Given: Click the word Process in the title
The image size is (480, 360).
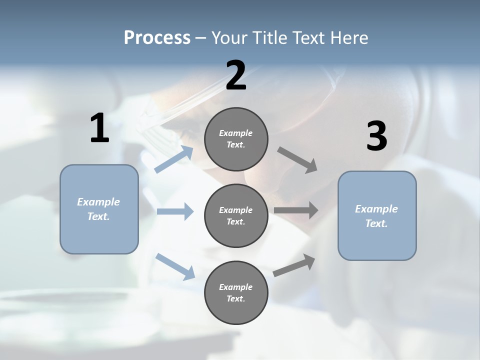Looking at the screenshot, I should pos(157,37).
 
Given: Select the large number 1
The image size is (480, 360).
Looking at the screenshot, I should pos(99,128).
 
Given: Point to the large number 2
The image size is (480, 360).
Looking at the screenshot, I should pos(236,75).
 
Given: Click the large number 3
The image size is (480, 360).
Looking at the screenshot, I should pos(376,136).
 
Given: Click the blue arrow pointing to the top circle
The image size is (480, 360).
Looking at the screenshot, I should pos(174,159).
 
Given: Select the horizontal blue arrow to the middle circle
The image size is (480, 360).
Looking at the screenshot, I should pos(175,211).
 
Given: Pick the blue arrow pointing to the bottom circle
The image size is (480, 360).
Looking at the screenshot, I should pos(175,266).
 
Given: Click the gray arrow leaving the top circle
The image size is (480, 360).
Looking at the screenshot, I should pos(297,159).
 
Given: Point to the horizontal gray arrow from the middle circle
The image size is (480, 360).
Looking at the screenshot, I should pos(295,210).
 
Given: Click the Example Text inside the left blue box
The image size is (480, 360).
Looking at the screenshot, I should pos(98,209).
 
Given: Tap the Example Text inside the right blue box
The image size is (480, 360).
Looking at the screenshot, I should pos(376,216).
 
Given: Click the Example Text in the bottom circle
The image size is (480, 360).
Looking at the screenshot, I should pos(236,292).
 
